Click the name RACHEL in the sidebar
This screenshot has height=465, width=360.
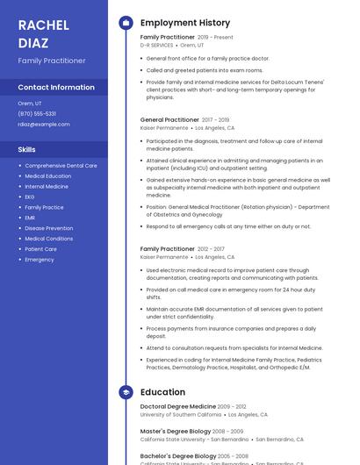pos(44,25)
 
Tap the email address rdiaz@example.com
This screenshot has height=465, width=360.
pos(43,124)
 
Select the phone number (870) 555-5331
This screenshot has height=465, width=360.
pos(37,113)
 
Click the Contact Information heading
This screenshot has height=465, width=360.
pos(56,87)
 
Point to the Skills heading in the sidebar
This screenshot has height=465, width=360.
pos(27,149)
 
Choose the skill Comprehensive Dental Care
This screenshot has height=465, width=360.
pos(61,165)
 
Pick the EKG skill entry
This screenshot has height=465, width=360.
pos(30,197)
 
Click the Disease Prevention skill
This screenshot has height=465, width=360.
pos(49,228)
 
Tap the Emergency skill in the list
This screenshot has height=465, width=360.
pos(40,260)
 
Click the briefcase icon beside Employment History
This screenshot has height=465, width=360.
pos(126,23)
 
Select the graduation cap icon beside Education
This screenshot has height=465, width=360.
pos(126,392)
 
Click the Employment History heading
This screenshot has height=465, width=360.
pos(185,23)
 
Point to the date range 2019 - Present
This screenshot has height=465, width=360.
pos(215,38)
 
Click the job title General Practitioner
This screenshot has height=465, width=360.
pos(169,119)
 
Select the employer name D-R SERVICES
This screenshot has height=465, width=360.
pos(156,45)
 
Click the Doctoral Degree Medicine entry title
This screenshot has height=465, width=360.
pos(177,407)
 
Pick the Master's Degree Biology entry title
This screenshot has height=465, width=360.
pos(176,432)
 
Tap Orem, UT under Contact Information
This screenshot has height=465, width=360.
pos(30,104)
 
